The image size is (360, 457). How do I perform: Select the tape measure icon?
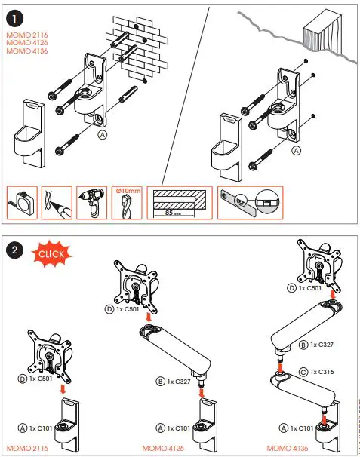(21, 201)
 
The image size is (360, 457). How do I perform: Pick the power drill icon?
(92, 201)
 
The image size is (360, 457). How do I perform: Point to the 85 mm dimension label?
(177, 213)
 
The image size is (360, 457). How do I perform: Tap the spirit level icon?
(250, 201)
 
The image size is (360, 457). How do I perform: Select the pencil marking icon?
(57, 201)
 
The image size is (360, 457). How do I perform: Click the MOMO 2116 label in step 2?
(26, 448)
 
